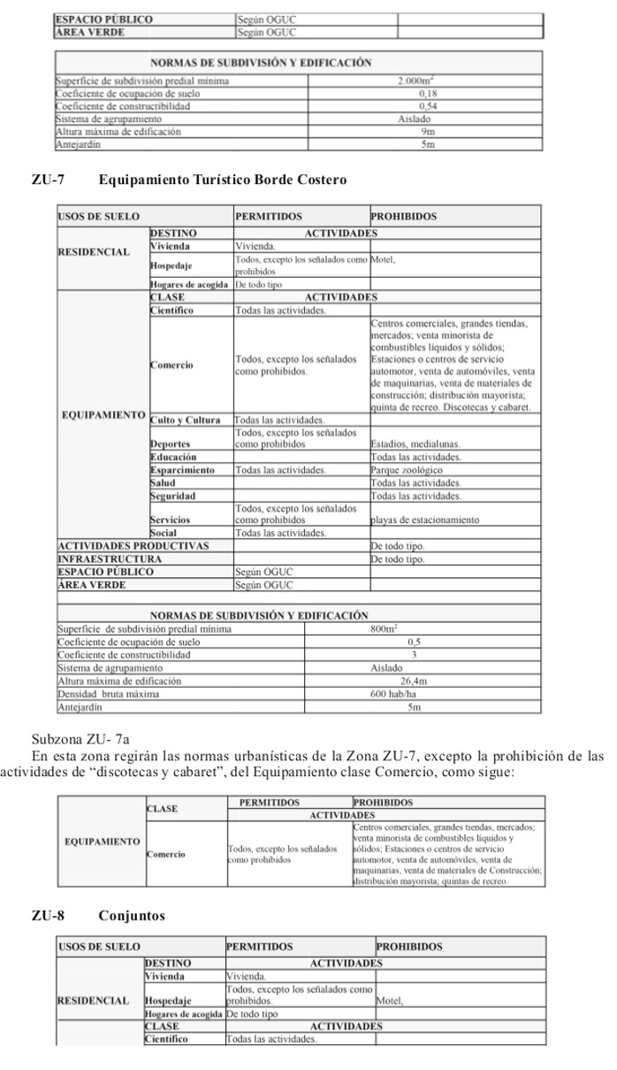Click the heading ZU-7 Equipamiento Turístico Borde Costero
(x=189, y=181)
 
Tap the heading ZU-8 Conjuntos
(x=98, y=915)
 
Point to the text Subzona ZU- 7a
(x=80, y=738)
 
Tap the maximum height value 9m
(x=427, y=131)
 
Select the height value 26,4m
(x=413, y=681)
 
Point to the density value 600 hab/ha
(x=393, y=694)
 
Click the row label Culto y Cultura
(x=185, y=420)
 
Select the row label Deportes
(x=171, y=444)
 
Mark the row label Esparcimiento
(x=182, y=470)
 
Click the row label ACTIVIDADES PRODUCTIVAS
(x=133, y=546)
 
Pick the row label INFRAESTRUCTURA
(x=110, y=559)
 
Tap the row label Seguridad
(x=173, y=496)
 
